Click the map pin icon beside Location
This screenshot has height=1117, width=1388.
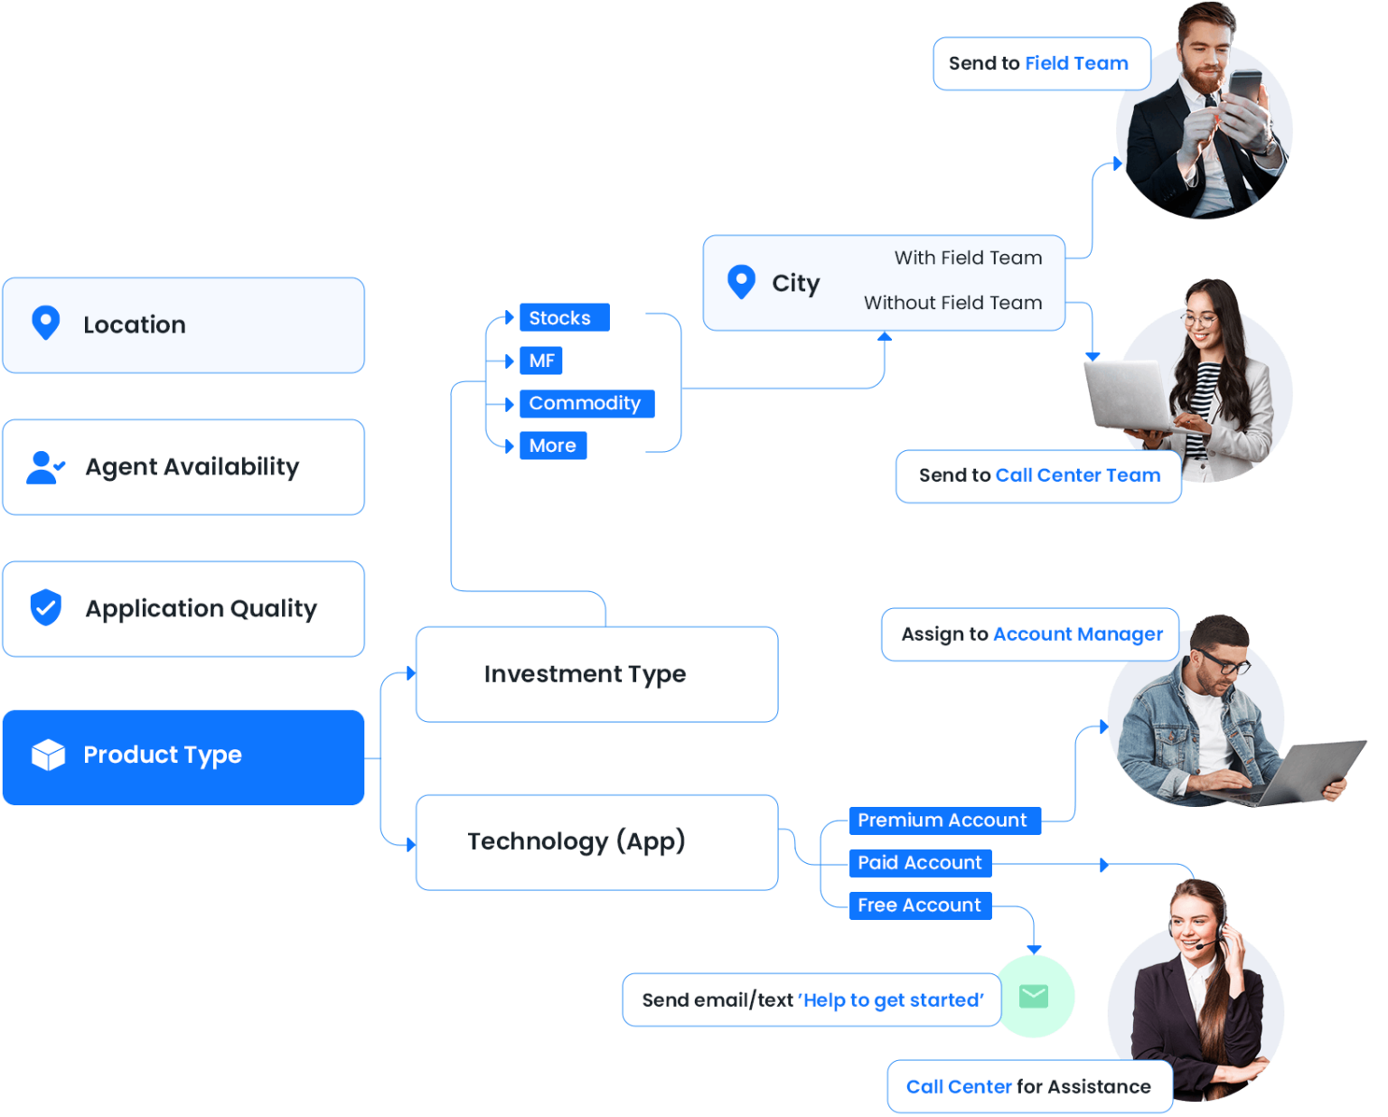point(45,323)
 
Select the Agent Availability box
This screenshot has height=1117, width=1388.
point(183,467)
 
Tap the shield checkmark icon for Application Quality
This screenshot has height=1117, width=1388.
point(45,608)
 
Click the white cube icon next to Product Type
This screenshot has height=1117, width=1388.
point(48,755)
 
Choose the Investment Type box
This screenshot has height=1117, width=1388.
point(596,674)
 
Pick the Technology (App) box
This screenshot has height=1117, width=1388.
point(596,842)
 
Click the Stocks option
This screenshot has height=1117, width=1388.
point(559,318)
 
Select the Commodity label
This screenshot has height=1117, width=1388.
point(585,403)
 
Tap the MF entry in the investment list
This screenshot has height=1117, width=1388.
point(542,361)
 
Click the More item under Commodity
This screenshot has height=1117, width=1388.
point(552,446)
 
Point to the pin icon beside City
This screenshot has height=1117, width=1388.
point(741,282)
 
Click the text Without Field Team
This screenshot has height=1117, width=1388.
point(952,303)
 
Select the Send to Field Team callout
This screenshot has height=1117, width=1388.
point(1041,63)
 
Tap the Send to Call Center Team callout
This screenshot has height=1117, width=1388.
point(1038,475)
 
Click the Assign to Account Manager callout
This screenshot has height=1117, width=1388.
point(1030,634)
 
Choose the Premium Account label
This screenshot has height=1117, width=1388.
point(942,821)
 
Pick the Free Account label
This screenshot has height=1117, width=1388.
point(919,906)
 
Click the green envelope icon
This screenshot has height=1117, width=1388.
point(1034,996)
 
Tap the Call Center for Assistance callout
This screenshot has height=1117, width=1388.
point(1029,1087)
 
